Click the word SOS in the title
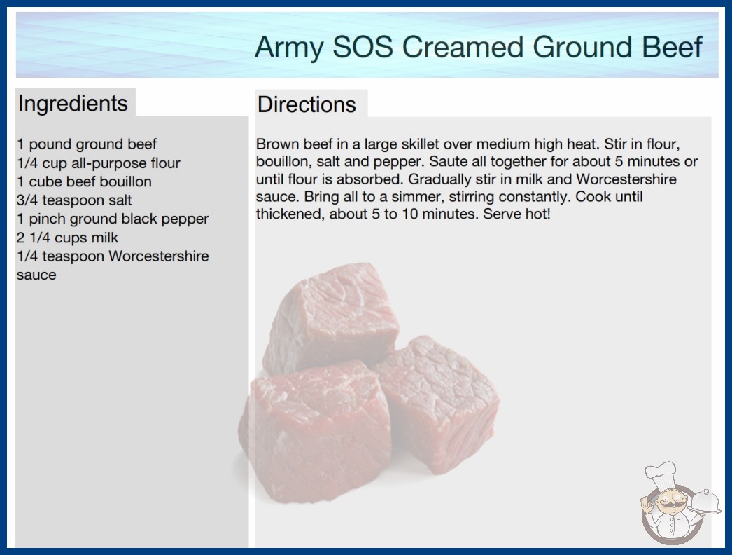[x=363, y=47]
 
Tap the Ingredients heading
[x=73, y=104]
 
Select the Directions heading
[x=307, y=104]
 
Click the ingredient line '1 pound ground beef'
[x=87, y=144]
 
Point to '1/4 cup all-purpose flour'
[x=99, y=163]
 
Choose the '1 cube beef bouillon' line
[x=85, y=181]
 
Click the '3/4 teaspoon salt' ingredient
[x=75, y=200]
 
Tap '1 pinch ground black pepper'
[x=113, y=219]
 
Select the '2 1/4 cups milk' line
[x=68, y=238]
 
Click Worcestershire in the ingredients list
[x=159, y=256]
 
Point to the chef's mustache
[x=669, y=506]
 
